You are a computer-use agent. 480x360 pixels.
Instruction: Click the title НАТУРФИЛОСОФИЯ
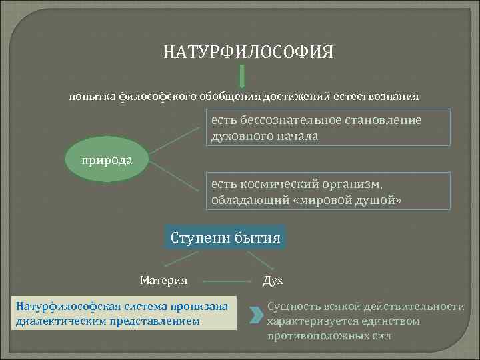tap(248, 52)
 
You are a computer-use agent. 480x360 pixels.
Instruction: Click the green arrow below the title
tap(241, 76)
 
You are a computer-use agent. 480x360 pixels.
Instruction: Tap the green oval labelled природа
tap(107, 161)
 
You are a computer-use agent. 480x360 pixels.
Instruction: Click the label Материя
tap(163, 280)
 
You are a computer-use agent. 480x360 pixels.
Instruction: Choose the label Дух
tap(273, 281)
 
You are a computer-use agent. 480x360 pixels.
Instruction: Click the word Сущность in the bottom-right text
tap(293, 307)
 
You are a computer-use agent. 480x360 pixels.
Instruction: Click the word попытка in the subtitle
tap(93, 97)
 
